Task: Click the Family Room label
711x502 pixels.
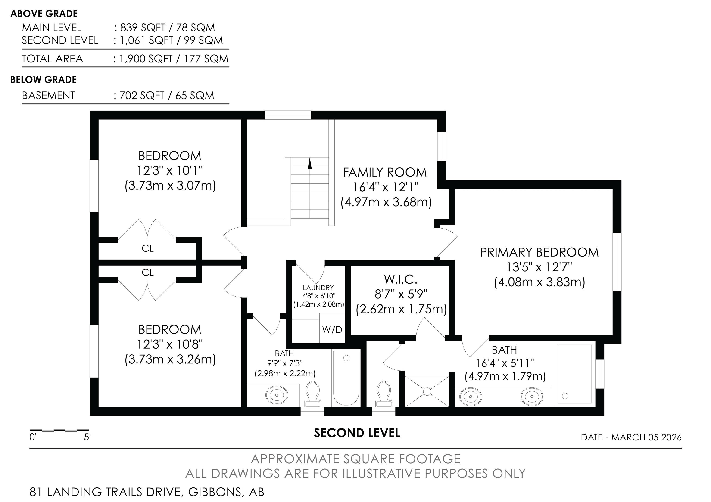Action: pyautogui.click(x=385, y=172)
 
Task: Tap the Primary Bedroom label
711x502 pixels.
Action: pyautogui.click(x=539, y=252)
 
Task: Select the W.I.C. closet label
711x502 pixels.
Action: pyautogui.click(x=400, y=279)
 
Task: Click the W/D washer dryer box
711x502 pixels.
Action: pyautogui.click(x=332, y=328)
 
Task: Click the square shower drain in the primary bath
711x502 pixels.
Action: pyautogui.click(x=427, y=391)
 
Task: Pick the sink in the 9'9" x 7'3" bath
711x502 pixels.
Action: pyautogui.click(x=277, y=395)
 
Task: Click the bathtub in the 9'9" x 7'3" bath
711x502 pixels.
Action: pyautogui.click(x=346, y=378)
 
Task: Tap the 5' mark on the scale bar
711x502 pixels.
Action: pyautogui.click(x=87, y=437)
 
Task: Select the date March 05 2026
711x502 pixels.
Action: pyautogui.click(x=646, y=437)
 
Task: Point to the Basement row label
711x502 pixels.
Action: pyautogui.click(x=48, y=95)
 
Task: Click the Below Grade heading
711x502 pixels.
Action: pyautogui.click(x=44, y=80)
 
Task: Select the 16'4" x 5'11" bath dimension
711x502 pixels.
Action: pyautogui.click(x=505, y=363)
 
